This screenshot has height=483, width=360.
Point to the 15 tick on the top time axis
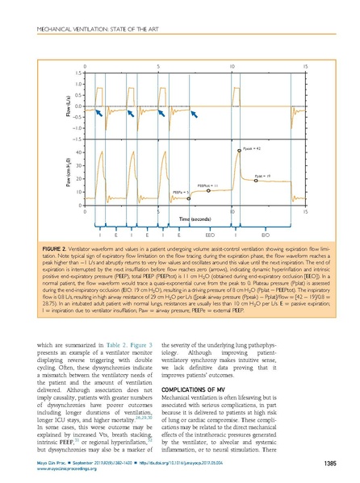coord(304,64)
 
